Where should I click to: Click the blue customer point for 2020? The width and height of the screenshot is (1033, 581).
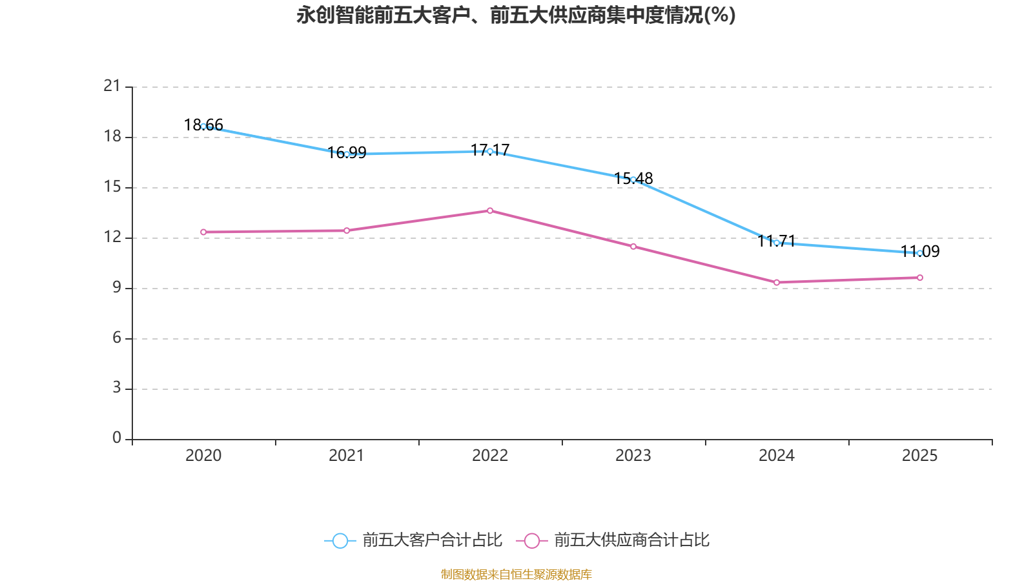pos(203,126)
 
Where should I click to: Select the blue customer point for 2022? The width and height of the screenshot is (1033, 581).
pos(490,151)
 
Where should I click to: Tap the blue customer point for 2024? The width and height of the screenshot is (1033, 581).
pos(777,243)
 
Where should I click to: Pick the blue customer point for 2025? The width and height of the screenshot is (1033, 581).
pos(919,253)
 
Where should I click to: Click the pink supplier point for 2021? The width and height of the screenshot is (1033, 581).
pos(347,230)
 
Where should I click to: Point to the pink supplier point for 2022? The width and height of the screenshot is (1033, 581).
pos(490,210)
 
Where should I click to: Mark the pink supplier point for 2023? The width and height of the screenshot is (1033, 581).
pos(633,247)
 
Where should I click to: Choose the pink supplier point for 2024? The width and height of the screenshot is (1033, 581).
pos(777,282)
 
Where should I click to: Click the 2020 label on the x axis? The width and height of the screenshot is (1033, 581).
pos(203,456)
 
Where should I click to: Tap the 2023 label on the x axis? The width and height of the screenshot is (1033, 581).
pos(633,456)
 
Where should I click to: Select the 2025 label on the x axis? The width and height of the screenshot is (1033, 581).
pos(919,456)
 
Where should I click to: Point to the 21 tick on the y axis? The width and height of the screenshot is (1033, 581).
pos(112,86)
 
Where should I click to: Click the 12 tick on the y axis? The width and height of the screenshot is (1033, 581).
pos(112,237)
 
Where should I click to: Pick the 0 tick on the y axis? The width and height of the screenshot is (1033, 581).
pos(117,438)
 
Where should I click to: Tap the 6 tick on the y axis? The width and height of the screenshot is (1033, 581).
pos(117,338)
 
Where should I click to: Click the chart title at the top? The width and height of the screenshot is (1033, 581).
pos(516,15)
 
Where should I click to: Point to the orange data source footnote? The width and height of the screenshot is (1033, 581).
pos(516,574)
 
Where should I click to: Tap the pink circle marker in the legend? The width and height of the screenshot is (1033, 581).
pos(531,541)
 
